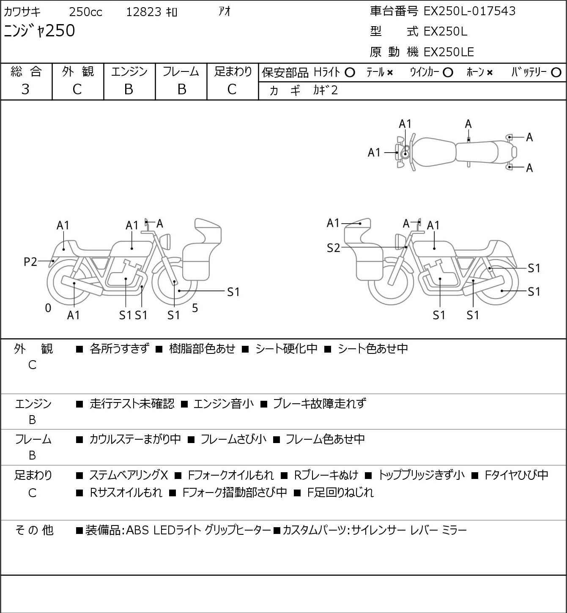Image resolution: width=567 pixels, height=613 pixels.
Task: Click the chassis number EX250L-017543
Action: coord(469,11)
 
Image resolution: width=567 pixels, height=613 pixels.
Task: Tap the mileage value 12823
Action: coord(144,12)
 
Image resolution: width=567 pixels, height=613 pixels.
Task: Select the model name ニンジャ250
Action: coord(39,31)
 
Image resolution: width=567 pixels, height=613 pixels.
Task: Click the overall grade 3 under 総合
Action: coord(25,90)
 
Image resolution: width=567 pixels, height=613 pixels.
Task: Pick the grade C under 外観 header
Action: coord(77,90)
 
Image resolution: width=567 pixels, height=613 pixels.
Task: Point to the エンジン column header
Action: coord(129,72)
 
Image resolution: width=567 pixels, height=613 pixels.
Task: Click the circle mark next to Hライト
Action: coord(350,73)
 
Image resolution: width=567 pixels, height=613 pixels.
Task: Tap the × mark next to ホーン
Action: coord(489,73)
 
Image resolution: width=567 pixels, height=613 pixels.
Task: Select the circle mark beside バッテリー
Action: coord(556,73)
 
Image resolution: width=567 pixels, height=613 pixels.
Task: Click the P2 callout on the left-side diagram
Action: coord(30,262)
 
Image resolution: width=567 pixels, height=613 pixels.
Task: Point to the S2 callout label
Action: coord(333,248)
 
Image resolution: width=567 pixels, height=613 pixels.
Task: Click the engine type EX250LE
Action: coord(449,52)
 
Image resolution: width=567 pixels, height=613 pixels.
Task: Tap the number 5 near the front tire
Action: coord(195,308)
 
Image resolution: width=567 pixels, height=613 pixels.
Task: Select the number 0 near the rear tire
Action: coord(48,308)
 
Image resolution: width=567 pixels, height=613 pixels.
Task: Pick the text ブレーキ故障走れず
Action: coord(320,404)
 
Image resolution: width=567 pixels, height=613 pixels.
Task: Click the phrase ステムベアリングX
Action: coord(129,475)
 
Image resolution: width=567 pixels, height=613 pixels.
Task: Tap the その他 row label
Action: coord(34,530)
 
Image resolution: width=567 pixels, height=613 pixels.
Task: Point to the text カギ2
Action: coord(325,90)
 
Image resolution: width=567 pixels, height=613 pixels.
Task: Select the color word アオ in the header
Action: coord(225,11)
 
